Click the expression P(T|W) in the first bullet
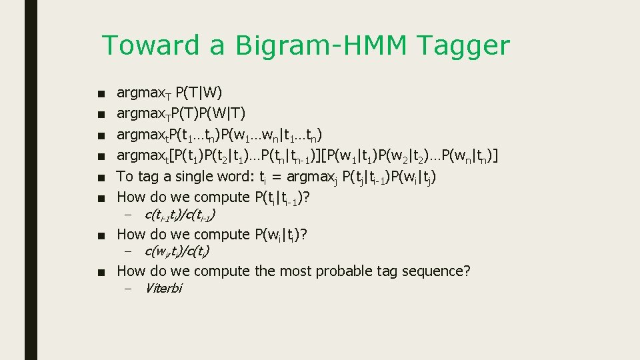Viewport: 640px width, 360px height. pos(199,92)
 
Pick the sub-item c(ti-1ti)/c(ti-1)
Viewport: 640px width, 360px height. pos(179,215)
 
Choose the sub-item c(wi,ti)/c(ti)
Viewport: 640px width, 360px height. pos(177,251)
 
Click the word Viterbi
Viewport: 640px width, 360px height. pos(163,289)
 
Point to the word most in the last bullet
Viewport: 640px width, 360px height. pos(295,271)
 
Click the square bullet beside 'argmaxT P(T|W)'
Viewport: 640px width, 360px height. pos(99,93)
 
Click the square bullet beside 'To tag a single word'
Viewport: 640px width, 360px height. pos(99,177)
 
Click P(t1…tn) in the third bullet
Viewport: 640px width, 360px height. pos(198,135)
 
